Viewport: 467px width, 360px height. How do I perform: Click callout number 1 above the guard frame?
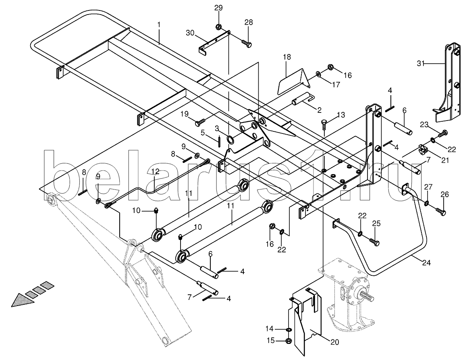[x=159, y=25]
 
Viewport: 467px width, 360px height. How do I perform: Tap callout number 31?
[x=421, y=63]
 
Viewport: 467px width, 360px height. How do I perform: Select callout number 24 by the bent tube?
[x=426, y=263]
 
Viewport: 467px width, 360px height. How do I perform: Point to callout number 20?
[x=334, y=342]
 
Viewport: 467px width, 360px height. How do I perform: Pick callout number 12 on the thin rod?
[x=156, y=171]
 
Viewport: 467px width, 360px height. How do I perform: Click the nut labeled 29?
[x=218, y=27]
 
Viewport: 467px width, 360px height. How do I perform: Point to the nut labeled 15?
[x=289, y=341]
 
